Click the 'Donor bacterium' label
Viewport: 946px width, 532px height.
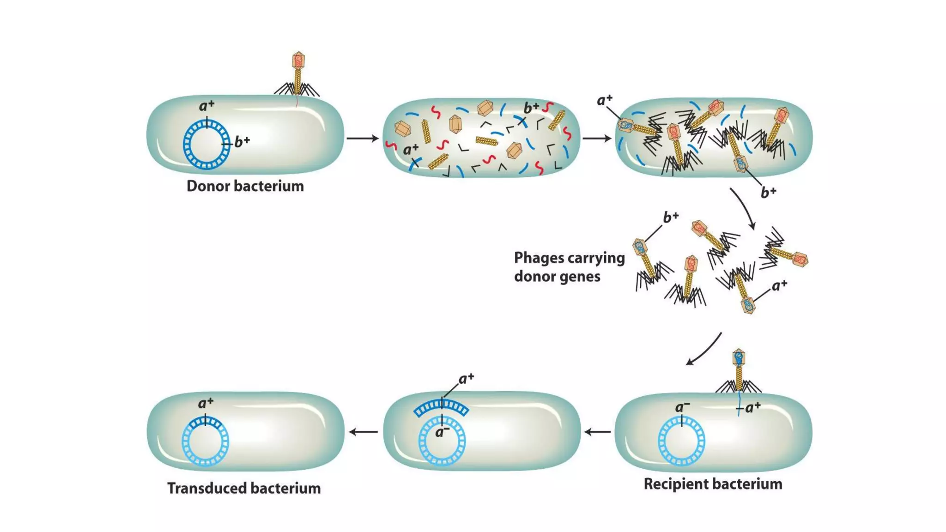click(x=245, y=186)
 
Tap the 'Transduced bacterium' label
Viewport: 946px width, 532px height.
click(x=244, y=488)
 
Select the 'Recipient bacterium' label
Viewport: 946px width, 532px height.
click(x=713, y=484)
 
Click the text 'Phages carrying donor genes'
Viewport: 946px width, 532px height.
click(x=569, y=267)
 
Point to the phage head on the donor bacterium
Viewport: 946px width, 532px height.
click(x=298, y=60)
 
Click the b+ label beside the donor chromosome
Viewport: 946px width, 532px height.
click(x=242, y=142)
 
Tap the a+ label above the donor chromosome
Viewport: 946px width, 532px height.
click(x=206, y=106)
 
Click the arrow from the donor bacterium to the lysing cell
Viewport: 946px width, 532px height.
click(x=362, y=138)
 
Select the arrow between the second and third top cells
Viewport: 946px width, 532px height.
click(x=597, y=138)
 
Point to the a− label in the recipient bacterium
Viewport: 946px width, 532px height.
click(x=682, y=407)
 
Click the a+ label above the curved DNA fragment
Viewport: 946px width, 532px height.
click(x=466, y=379)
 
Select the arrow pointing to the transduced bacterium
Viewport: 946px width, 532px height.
click(x=363, y=432)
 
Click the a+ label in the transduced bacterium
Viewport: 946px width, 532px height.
click(x=206, y=403)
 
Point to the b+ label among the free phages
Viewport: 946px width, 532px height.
click(x=670, y=217)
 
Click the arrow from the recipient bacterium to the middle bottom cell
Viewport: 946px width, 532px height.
click(x=598, y=432)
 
